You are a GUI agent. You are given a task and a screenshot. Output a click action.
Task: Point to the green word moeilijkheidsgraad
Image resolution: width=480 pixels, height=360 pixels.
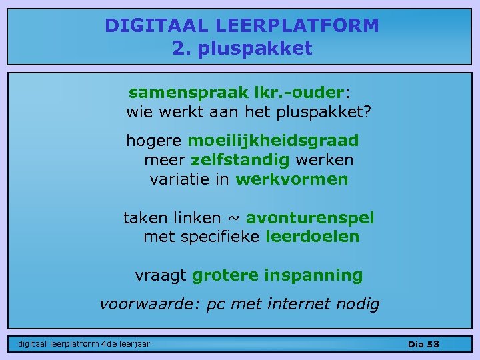pos(273,141)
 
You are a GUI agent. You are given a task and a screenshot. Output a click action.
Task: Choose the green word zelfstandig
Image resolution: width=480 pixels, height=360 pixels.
pos(240,160)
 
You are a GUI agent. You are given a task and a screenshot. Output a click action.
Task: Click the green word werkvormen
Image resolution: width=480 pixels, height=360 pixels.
pos(292,179)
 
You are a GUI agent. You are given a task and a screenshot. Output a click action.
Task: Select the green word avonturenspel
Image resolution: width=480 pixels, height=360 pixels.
pos(310,218)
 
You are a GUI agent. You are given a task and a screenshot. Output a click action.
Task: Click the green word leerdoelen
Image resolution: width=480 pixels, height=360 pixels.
pos(312,237)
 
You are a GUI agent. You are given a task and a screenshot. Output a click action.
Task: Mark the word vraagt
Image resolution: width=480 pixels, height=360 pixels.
pos(161,275)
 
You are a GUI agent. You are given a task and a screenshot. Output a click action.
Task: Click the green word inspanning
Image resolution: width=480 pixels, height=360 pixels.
pos(313,275)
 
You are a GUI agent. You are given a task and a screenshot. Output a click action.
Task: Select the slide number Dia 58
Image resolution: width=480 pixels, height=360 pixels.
pos(423,344)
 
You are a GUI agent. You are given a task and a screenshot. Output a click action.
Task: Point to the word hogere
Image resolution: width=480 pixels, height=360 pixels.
pos(154,141)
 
